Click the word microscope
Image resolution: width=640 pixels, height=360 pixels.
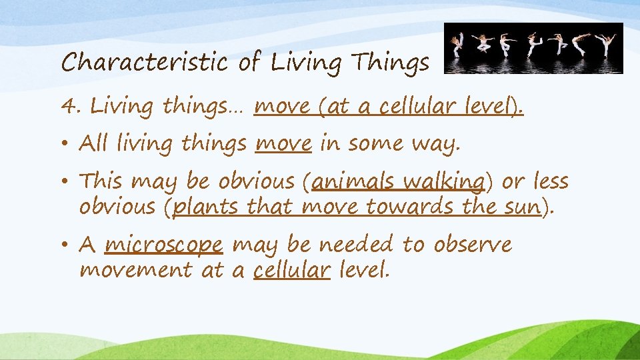[x=163, y=245]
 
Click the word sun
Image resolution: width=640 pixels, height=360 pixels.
[x=519, y=207]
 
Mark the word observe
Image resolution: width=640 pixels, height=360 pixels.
[x=473, y=245]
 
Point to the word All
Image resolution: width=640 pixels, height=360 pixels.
[x=95, y=143]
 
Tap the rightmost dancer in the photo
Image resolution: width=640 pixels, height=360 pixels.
[x=607, y=45]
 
